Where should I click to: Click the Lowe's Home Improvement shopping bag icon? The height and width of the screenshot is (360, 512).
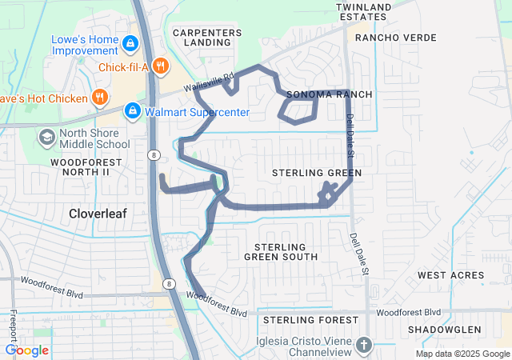click(129, 42)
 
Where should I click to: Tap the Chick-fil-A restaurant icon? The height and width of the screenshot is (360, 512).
click(161, 66)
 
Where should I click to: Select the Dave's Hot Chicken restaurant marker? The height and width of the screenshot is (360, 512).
click(100, 98)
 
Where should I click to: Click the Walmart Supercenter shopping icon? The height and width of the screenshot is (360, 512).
click(133, 111)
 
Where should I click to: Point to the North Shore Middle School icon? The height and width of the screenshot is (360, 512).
click(47, 138)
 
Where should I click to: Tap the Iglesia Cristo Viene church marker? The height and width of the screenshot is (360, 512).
click(364, 346)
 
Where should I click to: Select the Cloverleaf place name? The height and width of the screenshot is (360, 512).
click(100, 214)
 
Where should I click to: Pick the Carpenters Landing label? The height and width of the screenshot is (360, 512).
click(207, 37)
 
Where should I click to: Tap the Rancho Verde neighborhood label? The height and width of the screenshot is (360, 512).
click(395, 38)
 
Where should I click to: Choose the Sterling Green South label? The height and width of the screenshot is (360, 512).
click(281, 250)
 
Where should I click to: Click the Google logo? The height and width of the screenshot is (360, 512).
click(26, 350)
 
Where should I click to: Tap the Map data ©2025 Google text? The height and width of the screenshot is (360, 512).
click(462, 354)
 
